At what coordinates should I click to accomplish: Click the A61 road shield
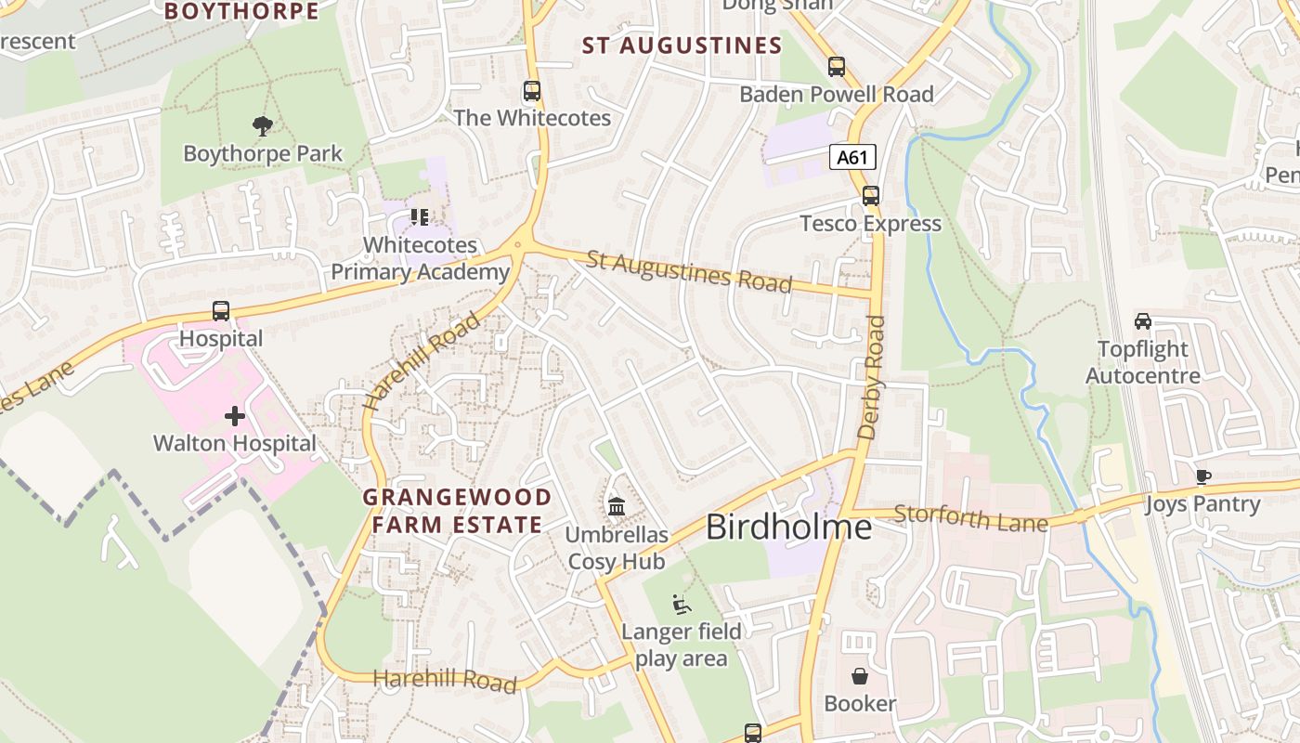(x=851, y=157)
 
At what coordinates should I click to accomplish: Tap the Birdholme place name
(x=788, y=527)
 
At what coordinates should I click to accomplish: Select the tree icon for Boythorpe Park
(x=263, y=125)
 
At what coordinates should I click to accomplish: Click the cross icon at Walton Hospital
(x=235, y=416)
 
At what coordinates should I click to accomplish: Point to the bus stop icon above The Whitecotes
(x=532, y=91)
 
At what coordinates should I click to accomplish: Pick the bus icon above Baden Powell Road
(x=837, y=67)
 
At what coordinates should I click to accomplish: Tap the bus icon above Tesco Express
(x=871, y=196)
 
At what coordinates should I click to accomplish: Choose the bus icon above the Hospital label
(x=221, y=311)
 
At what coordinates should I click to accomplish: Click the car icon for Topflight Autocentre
(x=1143, y=321)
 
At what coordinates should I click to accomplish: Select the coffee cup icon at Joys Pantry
(x=1203, y=477)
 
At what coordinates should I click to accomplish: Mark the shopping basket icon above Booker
(x=860, y=675)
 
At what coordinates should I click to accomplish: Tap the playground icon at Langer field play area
(x=682, y=605)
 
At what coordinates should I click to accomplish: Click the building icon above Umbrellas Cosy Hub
(x=617, y=507)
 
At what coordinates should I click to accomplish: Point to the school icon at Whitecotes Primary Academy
(x=420, y=217)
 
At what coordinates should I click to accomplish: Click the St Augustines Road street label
(x=688, y=270)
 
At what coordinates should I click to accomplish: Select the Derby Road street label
(x=872, y=377)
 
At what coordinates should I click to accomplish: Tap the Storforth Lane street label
(x=971, y=517)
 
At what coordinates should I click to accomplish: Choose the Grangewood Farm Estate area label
(x=456, y=511)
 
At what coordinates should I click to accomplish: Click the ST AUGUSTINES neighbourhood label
(x=682, y=46)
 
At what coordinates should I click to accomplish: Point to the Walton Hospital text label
(x=235, y=443)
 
